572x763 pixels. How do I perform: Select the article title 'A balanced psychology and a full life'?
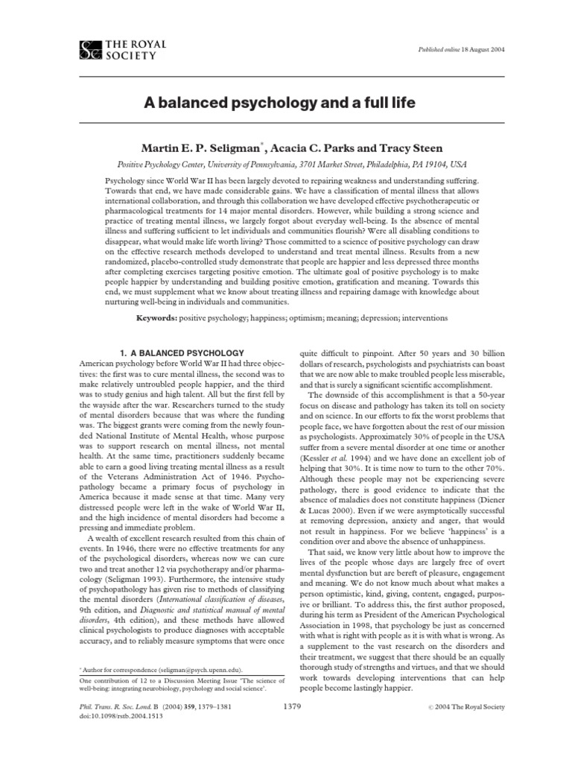pos(285,102)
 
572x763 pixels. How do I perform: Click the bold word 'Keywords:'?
pos(157,318)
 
